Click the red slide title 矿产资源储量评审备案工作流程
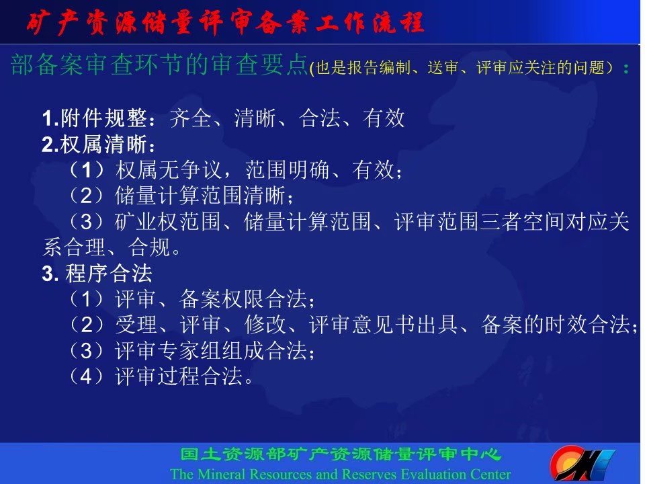225,22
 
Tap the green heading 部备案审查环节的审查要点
159,65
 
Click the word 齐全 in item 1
190,118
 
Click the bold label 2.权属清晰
99,145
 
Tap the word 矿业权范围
168,222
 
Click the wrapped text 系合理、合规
112,247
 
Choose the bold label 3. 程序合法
97,274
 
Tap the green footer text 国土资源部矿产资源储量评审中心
340,455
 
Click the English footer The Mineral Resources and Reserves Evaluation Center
340,474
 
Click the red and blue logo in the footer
582,463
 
